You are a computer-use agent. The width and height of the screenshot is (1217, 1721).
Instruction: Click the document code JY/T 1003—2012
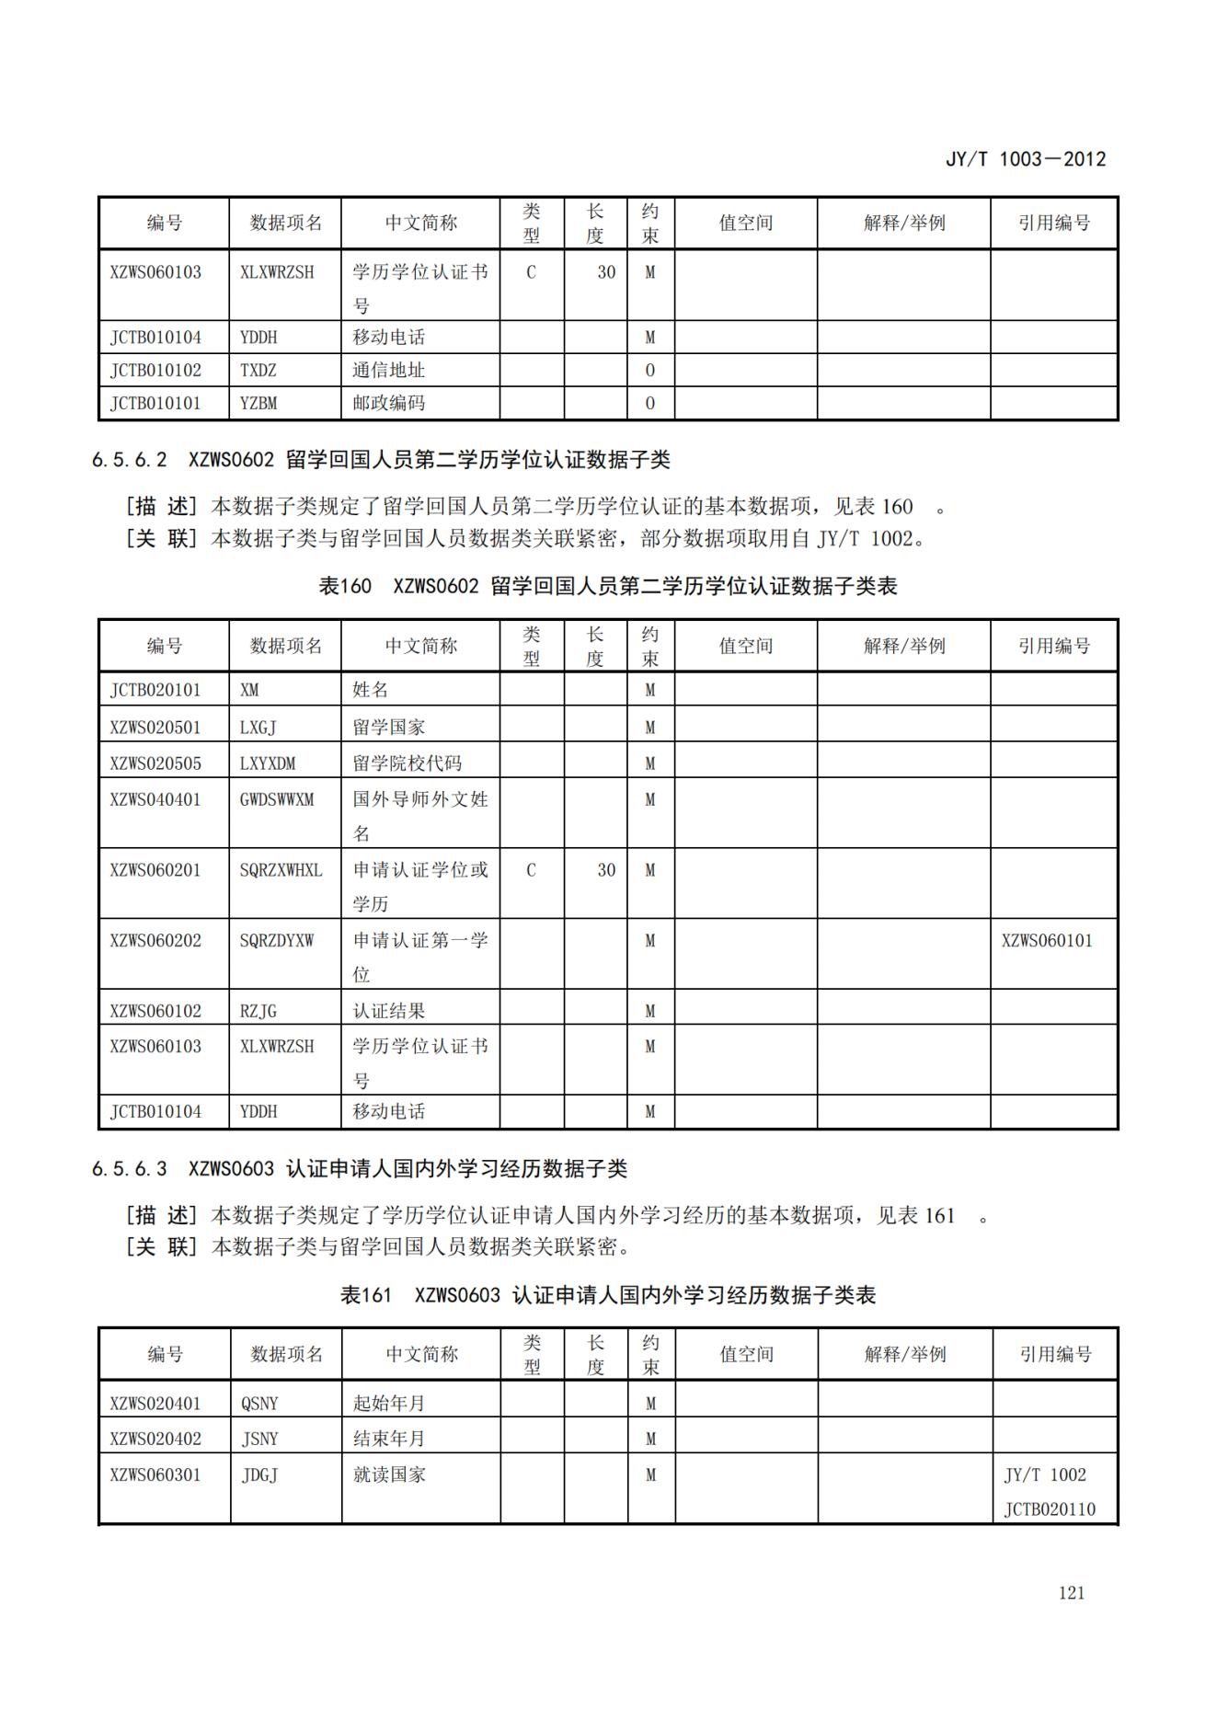pyautogui.click(x=1026, y=159)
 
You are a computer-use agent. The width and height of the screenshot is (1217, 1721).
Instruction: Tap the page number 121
pyautogui.click(x=1072, y=1593)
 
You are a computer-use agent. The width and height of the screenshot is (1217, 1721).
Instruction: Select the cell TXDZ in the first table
pyautogui.click(x=258, y=371)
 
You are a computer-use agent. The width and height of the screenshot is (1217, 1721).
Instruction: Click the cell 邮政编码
pyautogui.click(x=388, y=403)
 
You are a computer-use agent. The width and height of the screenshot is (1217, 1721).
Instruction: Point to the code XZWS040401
pyautogui.click(x=155, y=799)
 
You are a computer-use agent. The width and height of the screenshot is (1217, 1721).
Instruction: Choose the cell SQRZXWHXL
pyautogui.click(x=281, y=870)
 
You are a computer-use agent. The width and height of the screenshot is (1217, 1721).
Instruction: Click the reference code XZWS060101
pyautogui.click(x=1047, y=940)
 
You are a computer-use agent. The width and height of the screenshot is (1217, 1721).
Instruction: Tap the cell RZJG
pyautogui.click(x=258, y=1011)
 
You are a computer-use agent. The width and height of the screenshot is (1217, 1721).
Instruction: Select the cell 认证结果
pyautogui.click(x=388, y=1011)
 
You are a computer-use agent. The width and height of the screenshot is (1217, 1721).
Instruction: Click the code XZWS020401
pyautogui.click(x=155, y=1404)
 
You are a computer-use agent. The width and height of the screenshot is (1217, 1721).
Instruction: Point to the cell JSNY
pyautogui.click(x=259, y=1439)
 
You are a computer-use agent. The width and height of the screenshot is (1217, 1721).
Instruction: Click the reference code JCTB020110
pyautogui.click(x=1050, y=1509)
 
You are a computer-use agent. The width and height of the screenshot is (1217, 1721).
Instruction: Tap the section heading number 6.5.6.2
pyautogui.click(x=129, y=459)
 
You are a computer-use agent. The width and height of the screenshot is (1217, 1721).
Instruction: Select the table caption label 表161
pyautogui.click(x=365, y=1295)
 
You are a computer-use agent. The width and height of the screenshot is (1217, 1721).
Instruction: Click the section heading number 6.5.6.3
pyautogui.click(x=129, y=1169)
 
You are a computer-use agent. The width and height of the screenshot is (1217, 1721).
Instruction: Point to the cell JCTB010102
pyautogui.click(x=155, y=371)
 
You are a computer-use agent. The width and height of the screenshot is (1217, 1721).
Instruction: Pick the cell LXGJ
pyautogui.click(x=258, y=728)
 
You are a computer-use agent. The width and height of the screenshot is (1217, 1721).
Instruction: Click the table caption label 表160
pyautogui.click(x=344, y=586)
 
